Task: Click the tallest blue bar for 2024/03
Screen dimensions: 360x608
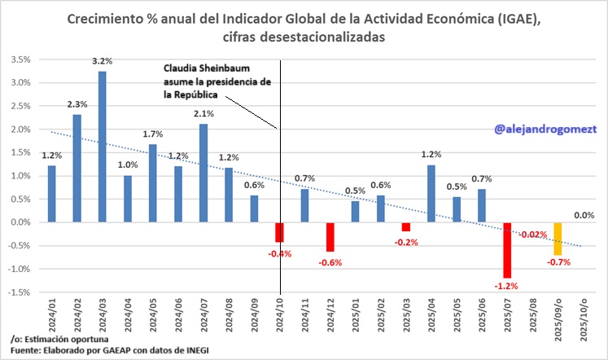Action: click(x=103, y=147)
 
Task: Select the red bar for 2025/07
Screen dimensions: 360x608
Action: click(x=507, y=250)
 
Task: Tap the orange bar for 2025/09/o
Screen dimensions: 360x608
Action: click(x=558, y=238)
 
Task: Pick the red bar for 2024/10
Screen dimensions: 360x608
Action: click(x=279, y=231)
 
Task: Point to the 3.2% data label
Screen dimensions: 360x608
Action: click(x=102, y=61)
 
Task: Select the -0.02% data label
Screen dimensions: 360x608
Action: click(x=533, y=235)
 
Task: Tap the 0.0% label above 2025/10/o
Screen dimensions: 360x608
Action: click(x=583, y=215)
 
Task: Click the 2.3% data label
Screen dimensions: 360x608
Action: click(x=77, y=103)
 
